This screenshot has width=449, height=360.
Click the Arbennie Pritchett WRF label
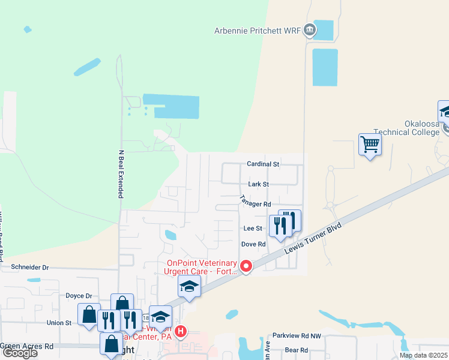tap(258, 31)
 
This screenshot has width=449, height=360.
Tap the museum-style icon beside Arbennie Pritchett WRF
tap(309, 29)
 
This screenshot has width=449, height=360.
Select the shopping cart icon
tap(370, 145)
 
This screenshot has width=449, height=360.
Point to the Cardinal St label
tap(263, 164)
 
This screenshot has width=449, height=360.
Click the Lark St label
tap(258, 184)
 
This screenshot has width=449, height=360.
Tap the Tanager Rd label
tap(256, 200)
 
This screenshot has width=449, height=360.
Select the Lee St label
tap(253, 229)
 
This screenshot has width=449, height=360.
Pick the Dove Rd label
tap(253, 244)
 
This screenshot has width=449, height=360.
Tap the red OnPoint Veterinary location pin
tap(246, 266)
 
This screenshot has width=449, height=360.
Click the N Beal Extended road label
tap(121, 174)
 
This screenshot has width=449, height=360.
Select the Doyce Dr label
tap(79, 296)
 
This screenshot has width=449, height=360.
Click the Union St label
tap(59, 323)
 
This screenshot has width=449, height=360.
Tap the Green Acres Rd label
tap(27, 346)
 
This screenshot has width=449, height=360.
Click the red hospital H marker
tap(181, 331)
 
